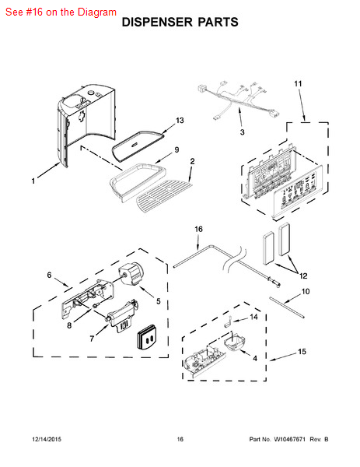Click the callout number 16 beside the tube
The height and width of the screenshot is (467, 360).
[198, 229]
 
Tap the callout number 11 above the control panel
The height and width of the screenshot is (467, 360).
[298, 84]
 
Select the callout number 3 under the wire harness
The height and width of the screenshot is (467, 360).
[242, 132]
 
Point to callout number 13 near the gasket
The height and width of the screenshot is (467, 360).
[180, 121]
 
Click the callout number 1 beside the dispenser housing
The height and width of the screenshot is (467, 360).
[33, 181]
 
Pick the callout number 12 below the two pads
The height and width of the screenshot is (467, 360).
[303, 276]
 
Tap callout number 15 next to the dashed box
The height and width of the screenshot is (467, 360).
[302, 352]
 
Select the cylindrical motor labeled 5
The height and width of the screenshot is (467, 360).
[131, 274]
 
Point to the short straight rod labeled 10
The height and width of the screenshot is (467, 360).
[287, 307]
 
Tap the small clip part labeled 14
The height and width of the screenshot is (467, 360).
[228, 321]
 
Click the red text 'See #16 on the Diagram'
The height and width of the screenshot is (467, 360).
[61, 12]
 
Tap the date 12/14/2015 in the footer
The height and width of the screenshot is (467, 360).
[47, 439]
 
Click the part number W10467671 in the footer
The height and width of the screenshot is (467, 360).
[289, 439]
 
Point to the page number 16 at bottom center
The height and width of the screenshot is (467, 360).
[180, 439]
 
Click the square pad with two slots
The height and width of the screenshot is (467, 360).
[148, 336]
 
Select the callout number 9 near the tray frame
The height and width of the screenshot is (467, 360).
[177, 149]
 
